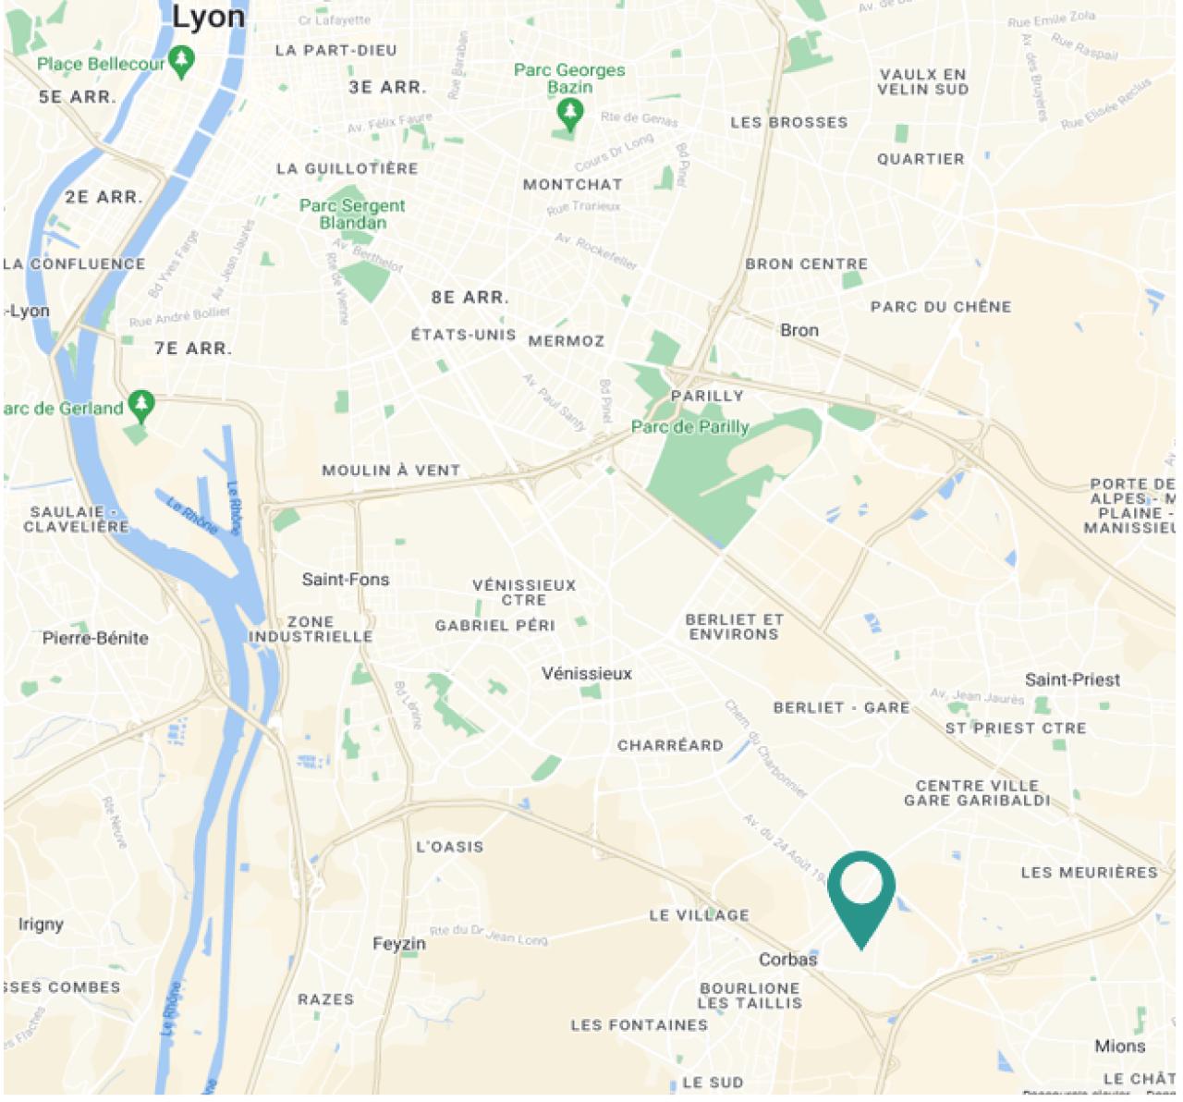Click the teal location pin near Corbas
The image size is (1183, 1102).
pos(861,889)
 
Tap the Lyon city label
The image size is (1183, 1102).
pos(209,17)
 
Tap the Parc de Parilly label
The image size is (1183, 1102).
pos(689,427)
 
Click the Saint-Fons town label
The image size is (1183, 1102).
pos(346,580)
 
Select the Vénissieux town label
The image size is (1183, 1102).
pos(587,674)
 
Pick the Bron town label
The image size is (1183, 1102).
pos(799,330)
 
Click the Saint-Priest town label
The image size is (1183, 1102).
pos(1072,680)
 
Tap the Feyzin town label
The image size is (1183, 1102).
pos(399,944)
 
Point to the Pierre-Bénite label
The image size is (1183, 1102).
pos(95,638)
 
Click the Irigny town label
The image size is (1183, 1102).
pos(41,924)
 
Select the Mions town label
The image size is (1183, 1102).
pos(1119,1047)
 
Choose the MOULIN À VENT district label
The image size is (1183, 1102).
pos(391,471)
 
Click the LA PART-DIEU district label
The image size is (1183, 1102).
pos(335,51)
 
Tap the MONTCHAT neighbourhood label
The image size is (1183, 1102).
pos(573,185)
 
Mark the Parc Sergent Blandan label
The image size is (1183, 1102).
pos(352,214)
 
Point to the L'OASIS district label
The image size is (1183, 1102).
pos(449,847)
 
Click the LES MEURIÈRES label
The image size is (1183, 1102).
pos(1089,873)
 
